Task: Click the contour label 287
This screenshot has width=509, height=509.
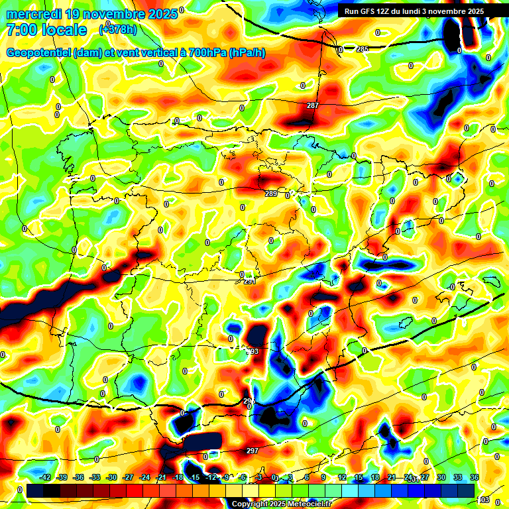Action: tap(313, 106)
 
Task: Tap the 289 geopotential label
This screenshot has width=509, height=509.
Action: tap(270, 194)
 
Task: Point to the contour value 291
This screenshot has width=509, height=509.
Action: tap(249, 281)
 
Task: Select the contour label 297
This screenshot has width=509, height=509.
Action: tap(252, 451)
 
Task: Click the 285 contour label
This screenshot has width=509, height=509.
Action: tap(362, 49)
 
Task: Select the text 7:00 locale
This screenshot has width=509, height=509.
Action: tap(46, 30)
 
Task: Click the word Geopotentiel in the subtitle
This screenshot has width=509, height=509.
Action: tap(38, 53)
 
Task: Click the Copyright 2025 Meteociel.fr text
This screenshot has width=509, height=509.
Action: tap(281, 504)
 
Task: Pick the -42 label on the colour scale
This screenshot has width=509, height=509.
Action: tap(46, 478)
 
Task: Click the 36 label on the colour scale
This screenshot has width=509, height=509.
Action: tap(474, 478)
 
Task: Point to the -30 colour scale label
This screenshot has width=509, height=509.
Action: tap(111, 478)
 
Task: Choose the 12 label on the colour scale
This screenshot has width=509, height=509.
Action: tap(342, 478)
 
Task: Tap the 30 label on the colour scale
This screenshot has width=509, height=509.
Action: tap(441, 478)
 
